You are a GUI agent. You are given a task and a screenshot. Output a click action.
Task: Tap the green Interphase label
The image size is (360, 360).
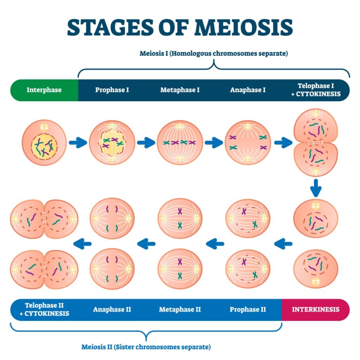(44, 90)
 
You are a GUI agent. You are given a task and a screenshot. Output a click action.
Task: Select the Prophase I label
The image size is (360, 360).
(112, 90)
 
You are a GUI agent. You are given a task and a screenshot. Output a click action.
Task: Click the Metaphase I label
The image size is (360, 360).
(180, 90)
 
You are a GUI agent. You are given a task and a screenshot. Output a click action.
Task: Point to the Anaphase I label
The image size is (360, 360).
(248, 90)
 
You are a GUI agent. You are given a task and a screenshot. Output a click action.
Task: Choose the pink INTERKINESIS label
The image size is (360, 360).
(316, 310)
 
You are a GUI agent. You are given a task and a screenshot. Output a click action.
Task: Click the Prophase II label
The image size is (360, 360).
(248, 310)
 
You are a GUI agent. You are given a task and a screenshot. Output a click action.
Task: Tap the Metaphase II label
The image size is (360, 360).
(180, 310)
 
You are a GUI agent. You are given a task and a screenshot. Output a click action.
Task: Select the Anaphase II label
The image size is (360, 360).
(112, 310)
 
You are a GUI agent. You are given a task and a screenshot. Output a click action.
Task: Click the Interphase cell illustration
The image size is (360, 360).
(44, 142)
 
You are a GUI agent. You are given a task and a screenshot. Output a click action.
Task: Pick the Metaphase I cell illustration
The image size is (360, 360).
(180, 142)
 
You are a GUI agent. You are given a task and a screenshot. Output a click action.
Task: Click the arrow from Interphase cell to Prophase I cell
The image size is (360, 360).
(78, 143)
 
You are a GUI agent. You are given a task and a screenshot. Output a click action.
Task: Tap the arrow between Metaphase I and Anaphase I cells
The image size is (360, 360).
(214, 143)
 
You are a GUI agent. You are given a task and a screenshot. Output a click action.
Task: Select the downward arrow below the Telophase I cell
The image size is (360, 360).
(316, 188)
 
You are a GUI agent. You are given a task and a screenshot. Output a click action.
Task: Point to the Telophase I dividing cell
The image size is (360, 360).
(316, 142)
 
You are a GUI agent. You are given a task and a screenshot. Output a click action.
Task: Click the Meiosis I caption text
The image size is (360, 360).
(214, 54)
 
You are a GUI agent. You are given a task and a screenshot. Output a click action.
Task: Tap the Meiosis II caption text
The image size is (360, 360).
(146, 347)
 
